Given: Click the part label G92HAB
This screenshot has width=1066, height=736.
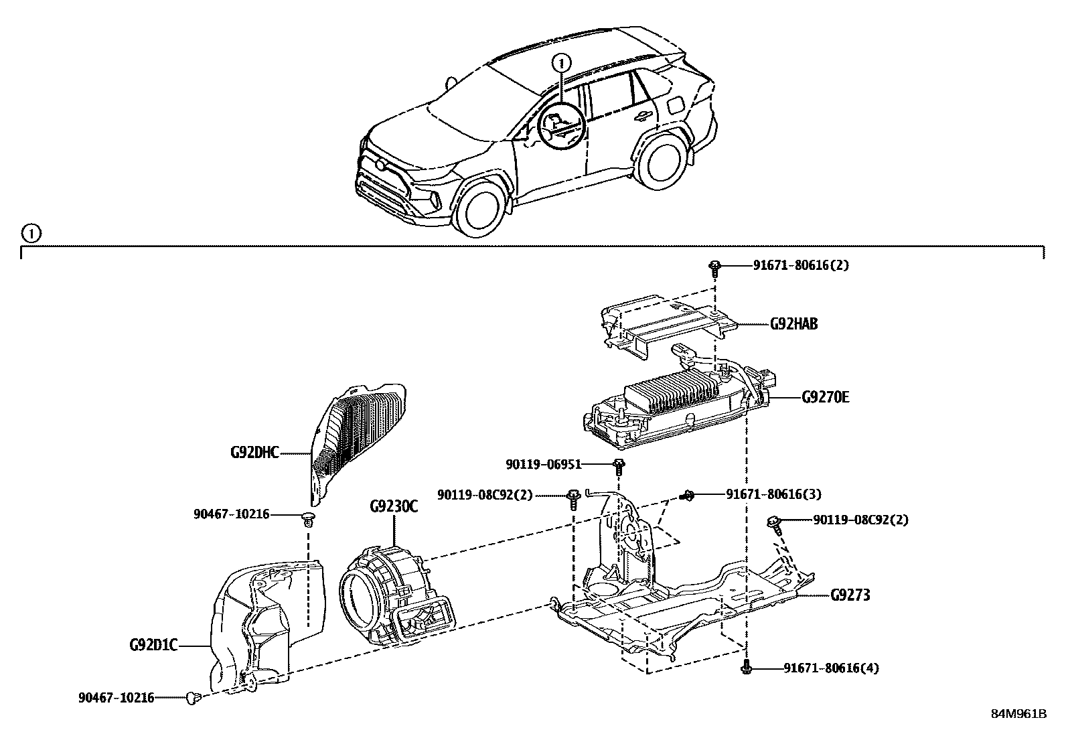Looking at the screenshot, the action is (793, 324).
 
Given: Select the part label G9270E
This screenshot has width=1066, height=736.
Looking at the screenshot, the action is (825, 397).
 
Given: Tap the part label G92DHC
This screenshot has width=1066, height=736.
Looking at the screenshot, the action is (254, 452).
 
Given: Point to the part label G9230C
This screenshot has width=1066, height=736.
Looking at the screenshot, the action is (394, 506).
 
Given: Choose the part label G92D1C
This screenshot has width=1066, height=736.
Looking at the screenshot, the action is (153, 646).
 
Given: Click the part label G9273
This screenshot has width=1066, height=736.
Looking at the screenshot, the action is (850, 595).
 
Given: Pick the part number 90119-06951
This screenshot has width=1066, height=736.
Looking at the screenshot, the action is (544, 464).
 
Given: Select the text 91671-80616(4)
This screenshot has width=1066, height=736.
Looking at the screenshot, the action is (832, 668).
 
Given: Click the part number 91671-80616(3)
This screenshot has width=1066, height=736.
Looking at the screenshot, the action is (773, 494).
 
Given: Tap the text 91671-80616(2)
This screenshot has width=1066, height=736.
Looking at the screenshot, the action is (801, 265).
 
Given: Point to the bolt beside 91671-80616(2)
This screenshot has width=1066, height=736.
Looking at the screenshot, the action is (714, 269).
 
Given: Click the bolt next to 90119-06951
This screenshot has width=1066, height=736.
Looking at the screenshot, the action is (619, 467).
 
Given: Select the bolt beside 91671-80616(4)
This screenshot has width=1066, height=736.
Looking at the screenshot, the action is (746, 667).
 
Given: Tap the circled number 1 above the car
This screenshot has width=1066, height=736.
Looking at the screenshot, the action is (561, 63).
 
